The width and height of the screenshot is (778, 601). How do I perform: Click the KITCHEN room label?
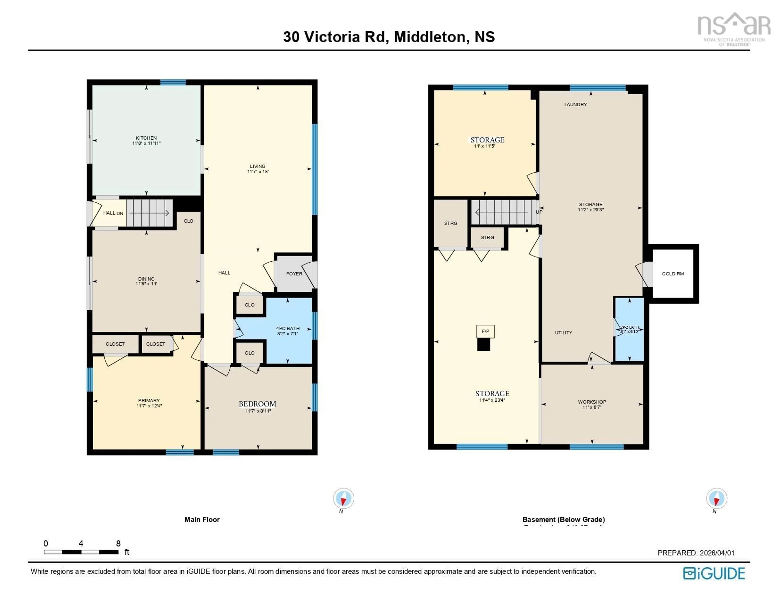146,138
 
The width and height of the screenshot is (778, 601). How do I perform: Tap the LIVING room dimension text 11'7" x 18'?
258,171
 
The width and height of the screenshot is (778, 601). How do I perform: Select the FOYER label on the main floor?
294,274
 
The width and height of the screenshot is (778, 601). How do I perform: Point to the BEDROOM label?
257,404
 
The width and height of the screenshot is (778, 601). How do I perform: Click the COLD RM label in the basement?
673,274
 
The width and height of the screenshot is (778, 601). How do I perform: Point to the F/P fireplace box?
485,331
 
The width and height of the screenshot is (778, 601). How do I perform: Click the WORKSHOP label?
592,402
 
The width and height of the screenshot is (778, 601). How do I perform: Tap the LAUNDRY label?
575,104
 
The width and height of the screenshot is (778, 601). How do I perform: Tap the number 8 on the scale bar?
118,543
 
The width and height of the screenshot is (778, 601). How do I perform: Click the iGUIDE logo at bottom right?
714,573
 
